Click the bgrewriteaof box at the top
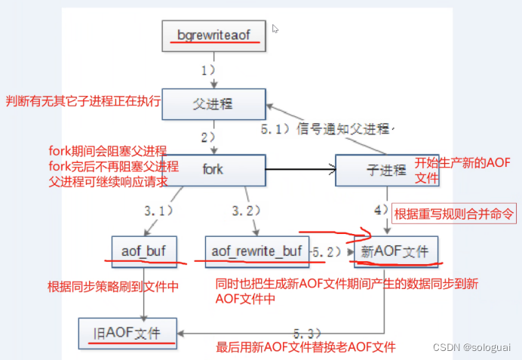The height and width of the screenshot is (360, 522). click(x=215, y=35)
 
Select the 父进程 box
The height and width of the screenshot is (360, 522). click(x=214, y=103)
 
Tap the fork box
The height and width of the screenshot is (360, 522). click(x=214, y=169)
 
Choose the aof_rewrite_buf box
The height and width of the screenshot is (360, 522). click(x=256, y=250)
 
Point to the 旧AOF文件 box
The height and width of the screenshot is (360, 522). click(x=129, y=331)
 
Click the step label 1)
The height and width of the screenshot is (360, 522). click(x=207, y=69)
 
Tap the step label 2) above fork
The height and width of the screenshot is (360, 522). click(x=207, y=137)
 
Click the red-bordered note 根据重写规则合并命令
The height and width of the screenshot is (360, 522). click(x=453, y=214)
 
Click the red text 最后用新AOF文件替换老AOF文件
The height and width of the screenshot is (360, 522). click(x=306, y=348)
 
